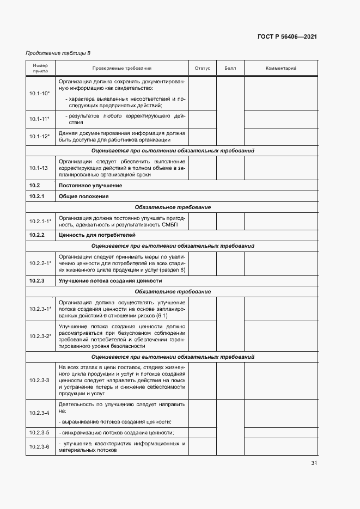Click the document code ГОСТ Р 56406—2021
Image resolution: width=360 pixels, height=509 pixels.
coord(287,36)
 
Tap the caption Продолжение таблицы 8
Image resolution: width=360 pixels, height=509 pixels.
coord(58,53)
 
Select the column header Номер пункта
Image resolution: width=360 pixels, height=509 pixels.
coord(40,68)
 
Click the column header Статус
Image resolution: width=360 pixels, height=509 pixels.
coord(202,68)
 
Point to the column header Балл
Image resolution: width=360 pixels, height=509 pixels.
coord(230,68)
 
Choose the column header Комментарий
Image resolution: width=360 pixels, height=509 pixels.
coord(280,68)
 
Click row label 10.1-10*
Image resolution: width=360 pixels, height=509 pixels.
coord(40,93)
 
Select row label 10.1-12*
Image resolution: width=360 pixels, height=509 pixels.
coord(40,136)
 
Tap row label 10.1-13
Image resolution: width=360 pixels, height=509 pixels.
coord(39,168)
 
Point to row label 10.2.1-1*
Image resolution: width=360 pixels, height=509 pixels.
coord(40,221)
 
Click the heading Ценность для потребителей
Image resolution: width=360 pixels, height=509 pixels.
coord(97,235)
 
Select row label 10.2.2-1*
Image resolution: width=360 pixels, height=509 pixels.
coord(40,263)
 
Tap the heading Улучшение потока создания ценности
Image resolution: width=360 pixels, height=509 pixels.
coord(110,281)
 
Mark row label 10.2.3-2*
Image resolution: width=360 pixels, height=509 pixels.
coord(40,336)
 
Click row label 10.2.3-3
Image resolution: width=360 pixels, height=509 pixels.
coord(39,380)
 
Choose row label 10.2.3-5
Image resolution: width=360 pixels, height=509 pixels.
coord(39,432)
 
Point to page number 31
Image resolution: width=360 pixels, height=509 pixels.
coord(314,463)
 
